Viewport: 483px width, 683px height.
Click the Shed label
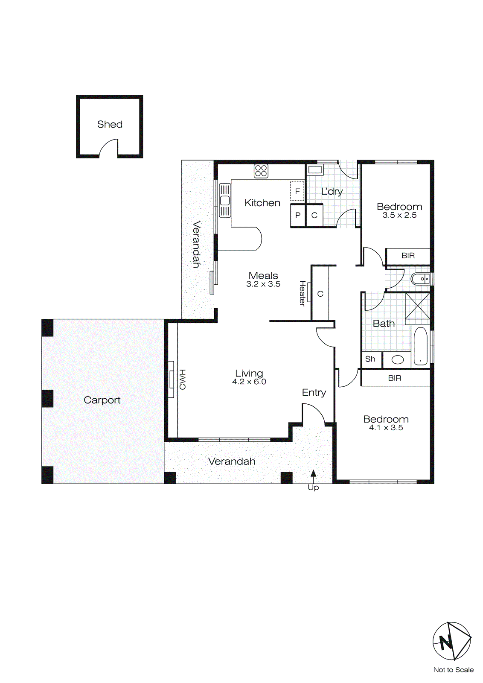(x=110, y=124)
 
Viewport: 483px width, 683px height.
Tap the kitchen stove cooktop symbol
(x=261, y=171)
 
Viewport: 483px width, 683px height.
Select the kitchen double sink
(x=225, y=200)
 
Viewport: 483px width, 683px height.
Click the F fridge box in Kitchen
(x=297, y=191)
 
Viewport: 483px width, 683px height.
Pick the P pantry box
(x=298, y=216)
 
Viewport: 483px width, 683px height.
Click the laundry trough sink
(x=315, y=170)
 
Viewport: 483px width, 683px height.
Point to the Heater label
(x=302, y=293)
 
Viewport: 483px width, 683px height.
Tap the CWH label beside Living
(x=183, y=379)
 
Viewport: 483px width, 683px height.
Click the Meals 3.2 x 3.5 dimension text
(x=263, y=284)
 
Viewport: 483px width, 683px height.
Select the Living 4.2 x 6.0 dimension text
(x=249, y=382)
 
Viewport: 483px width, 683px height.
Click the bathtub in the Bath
(x=420, y=346)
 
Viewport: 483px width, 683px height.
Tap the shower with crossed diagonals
(x=417, y=306)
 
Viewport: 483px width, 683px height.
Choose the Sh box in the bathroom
(x=370, y=359)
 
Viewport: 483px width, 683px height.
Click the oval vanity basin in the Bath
(x=398, y=359)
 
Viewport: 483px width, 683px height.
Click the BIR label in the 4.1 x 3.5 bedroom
(x=395, y=378)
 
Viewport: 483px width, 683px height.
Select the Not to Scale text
(x=453, y=670)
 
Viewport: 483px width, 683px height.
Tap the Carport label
(x=102, y=400)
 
